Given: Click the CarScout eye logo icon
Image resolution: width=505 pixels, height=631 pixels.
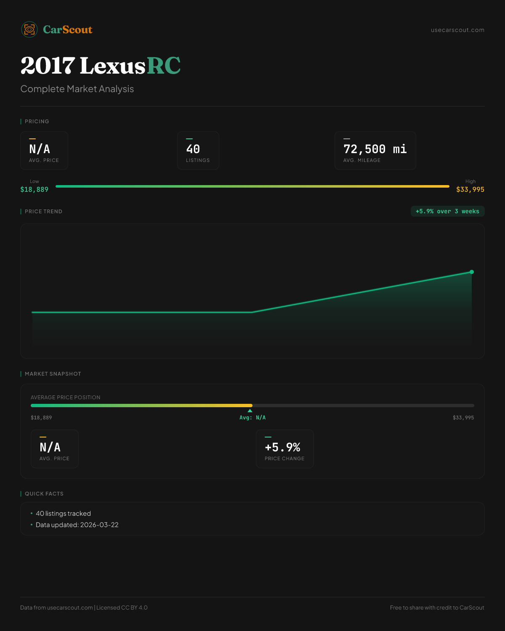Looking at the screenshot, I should tap(29, 29).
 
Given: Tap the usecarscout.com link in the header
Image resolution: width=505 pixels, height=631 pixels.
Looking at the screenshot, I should tap(457, 30).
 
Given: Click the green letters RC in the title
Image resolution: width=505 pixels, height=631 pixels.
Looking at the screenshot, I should tap(164, 66).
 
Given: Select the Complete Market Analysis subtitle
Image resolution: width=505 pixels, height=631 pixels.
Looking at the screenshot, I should tap(77, 89).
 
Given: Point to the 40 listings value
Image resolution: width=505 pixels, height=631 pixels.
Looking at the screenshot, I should tap(193, 149).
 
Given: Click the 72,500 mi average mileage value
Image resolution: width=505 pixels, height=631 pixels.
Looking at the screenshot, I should tap(375, 149).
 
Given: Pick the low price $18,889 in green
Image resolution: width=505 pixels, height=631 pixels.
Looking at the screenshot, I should tap(35, 190).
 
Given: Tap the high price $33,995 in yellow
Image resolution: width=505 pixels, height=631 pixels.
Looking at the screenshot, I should tap(470, 190).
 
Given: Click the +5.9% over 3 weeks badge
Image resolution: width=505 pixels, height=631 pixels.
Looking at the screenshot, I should tap(447, 212).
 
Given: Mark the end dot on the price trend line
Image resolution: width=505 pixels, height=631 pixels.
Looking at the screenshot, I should tap(472, 272).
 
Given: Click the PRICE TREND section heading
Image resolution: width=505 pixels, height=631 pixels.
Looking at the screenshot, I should tap(43, 212).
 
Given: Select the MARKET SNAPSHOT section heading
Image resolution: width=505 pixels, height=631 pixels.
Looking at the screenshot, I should tap(53, 374).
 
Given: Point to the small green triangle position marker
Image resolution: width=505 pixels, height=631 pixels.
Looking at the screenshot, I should tap(250, 411).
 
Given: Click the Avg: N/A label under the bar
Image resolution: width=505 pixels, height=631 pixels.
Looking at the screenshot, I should tap(252, 418).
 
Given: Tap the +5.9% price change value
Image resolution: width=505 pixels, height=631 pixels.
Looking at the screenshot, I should tap(282, 447).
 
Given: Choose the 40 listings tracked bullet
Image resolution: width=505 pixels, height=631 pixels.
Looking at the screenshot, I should tap(63, 514).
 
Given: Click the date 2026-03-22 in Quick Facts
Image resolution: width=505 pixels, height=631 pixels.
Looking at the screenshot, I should tap(99, 525).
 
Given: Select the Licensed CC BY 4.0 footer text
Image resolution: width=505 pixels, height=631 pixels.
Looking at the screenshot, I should tap(122, 608).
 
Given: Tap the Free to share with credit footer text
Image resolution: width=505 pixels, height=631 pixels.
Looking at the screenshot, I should tap(437, 608).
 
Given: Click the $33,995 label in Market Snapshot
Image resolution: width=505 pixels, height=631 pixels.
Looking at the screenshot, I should tap(463, 418).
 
